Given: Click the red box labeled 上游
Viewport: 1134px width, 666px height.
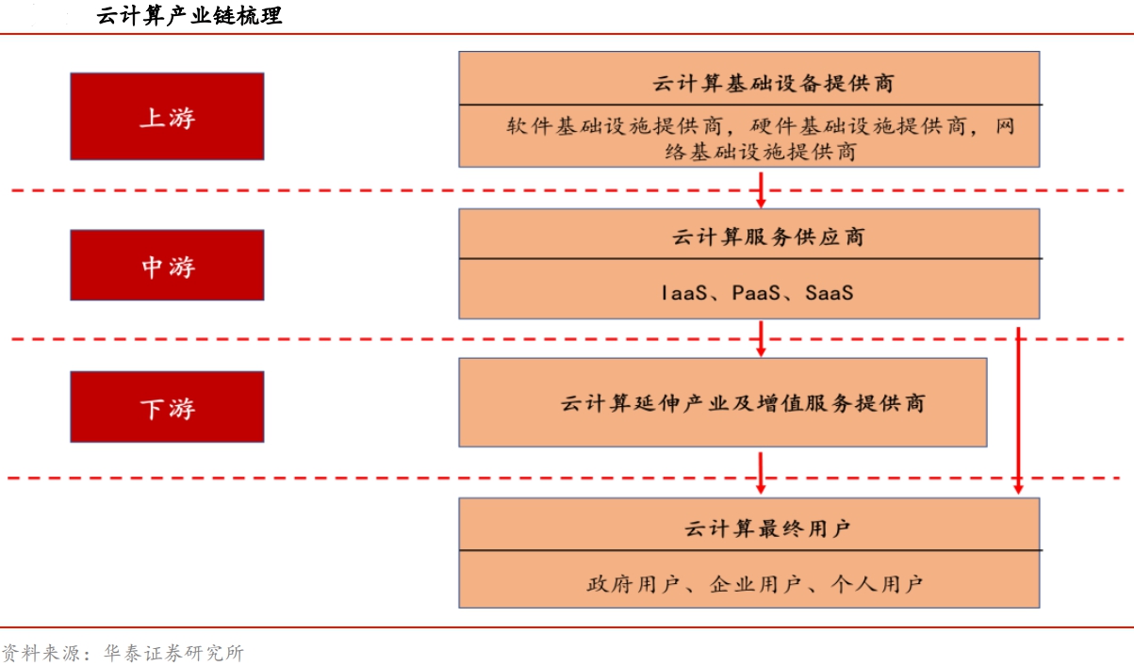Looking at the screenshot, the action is click(167, 117).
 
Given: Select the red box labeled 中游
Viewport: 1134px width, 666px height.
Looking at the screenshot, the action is click(167, 266).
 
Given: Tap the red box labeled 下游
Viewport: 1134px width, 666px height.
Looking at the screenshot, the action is click(167, 407).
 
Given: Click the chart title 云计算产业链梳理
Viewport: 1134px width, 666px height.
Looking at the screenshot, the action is click(189, 16).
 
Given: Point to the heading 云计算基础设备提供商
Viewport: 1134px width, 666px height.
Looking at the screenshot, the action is click(773, 84).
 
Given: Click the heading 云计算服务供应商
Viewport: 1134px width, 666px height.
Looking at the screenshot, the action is click(768, 236).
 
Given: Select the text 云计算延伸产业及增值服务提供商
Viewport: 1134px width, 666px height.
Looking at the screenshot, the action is click(743, 403).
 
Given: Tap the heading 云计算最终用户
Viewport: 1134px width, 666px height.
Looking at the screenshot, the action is click(767, 528).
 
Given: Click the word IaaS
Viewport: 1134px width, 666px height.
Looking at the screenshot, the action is click(684, 293).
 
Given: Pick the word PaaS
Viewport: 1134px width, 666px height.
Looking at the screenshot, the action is click(756, 293).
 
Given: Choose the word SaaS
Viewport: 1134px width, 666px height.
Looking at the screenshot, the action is click(830, 293).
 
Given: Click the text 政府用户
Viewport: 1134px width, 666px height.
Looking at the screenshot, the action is click(633, 585).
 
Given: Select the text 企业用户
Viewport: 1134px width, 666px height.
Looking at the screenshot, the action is click(755, 585).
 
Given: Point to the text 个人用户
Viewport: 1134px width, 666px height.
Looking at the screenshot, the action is click(877, 585).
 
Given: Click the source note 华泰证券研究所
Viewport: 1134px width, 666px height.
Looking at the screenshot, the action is click(173, 653).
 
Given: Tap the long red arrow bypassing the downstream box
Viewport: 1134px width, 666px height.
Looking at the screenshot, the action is click(1019, 411).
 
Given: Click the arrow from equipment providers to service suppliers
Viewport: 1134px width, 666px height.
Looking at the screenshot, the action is click(761, 190).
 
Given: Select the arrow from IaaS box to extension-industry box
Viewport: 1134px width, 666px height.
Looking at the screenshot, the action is click(761, 338).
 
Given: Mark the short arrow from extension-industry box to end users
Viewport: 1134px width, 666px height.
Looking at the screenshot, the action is click(761, 473).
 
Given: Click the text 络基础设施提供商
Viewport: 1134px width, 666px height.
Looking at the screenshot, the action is click(761, 152).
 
